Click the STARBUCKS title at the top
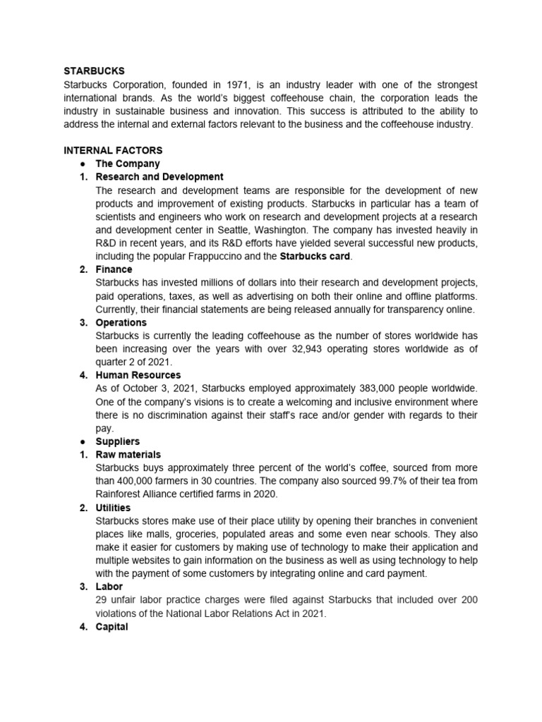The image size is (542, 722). click(x=94, y=71)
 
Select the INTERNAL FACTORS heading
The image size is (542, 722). click(x=113, y=150)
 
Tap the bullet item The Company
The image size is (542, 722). click(x=128, y=164)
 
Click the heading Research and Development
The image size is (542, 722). click(x=159, y=177)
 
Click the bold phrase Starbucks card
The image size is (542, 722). click(x=315, y=256)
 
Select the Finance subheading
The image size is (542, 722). click(x=114, y=269)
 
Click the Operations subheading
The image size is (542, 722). click(x=121, y=322)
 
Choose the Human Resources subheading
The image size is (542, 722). click(x=138, y=375)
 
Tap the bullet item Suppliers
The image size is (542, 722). click(x=118, y=441)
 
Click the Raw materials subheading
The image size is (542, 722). click(x=128, y=455)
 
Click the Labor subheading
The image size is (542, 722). click(x=109, y=587)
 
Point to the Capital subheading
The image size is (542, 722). click(x=112, y=626)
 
